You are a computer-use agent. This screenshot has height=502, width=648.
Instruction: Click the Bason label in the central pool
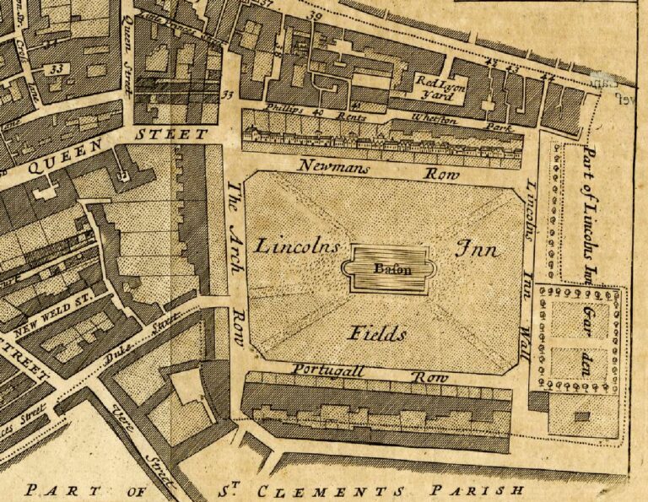pyautogui.click(x=389, y=270)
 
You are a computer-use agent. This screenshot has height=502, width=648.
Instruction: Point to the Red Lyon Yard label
pyautogui.click(x=438, y=88)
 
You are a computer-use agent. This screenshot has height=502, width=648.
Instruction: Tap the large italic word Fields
pyautogui.click(x=377, y=334)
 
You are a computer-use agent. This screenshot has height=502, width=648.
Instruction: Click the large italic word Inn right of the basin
pyautogui.click(x=478, y=250)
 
